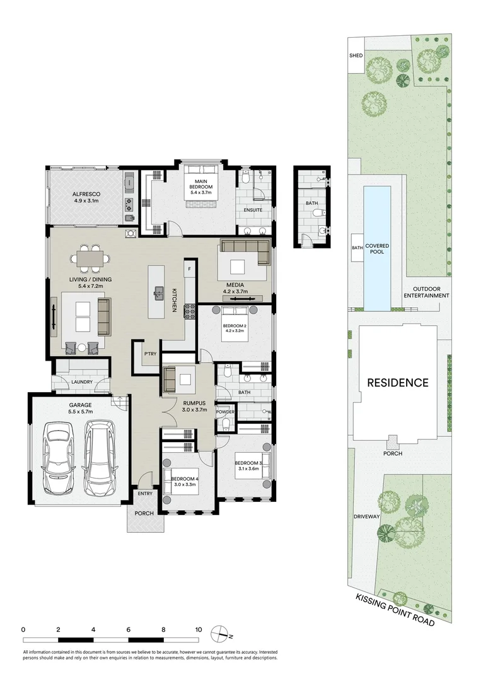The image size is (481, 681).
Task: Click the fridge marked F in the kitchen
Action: pos(188,269)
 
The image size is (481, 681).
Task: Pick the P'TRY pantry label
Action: pos(149,354)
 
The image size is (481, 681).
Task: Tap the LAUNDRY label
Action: pos(83,381)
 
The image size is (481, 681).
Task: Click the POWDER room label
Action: pos(225,412)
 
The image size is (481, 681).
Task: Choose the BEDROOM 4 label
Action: pos(185,482)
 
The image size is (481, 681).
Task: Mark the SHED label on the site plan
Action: pos(356,55)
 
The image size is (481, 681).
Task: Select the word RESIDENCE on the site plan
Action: pos(398,382)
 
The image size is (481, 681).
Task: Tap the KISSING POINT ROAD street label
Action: pos(395,609)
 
